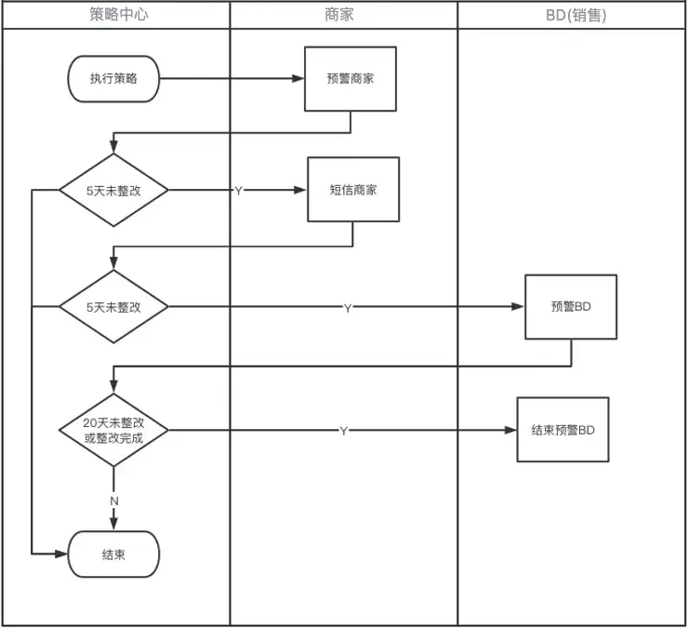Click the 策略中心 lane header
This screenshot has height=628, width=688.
pyautogui.click(x=114, y=15)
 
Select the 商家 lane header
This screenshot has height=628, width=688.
pyautogui.click(x=343, y=15)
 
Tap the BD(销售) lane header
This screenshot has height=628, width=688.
pyautogui.click(x=572, y=15)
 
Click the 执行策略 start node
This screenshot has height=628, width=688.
pyautogui.click(x=113, y=79)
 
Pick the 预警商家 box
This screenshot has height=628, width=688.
pyautogui.click(x=352, y=79)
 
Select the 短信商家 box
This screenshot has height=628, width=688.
pyautogui.click(x=353, y=190)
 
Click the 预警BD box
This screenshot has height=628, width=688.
pyautogui.click(x=571, y=306)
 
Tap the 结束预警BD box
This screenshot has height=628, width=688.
pyautogui.click(x=562, y=430)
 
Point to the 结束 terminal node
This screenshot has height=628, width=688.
pyautogui.click(x=113, y=555)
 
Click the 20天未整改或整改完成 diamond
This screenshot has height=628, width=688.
pyautogui.click(x=113, y=430)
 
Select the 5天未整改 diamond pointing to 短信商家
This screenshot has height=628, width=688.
pyautogui.click(x=113, y=190)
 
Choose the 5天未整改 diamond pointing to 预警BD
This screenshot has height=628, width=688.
pyautogui.click(x=113, y=306)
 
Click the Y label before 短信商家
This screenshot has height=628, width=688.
pyautogui.click(x=238, y=191)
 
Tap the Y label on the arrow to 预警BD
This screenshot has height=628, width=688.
pyautogui.click(x=348, y=307)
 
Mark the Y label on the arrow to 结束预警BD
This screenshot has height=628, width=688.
pyautogui.click(x=344, y=431)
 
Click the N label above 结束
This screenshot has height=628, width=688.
pyautogui.click(x=114, y=501)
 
